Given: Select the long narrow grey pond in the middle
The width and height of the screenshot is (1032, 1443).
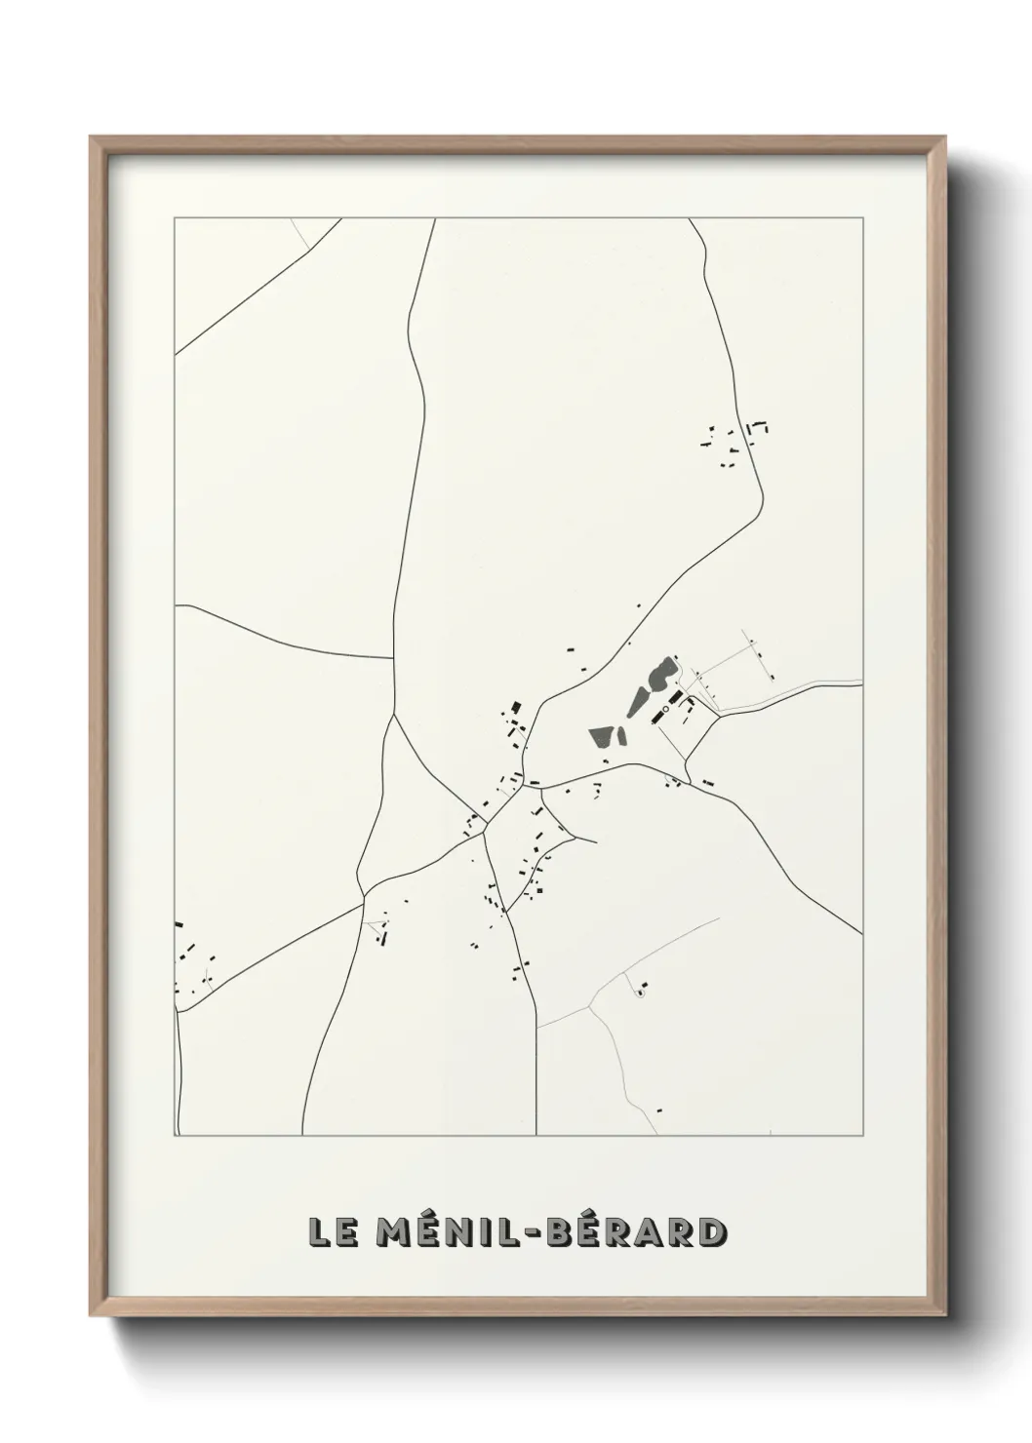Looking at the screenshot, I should (639, 699).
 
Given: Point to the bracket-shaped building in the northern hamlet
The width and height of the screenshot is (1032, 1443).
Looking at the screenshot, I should (757, 428).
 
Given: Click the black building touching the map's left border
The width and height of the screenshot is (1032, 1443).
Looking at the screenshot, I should (179, 923).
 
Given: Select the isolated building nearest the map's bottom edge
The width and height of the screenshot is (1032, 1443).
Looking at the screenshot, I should (659, 1110).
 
